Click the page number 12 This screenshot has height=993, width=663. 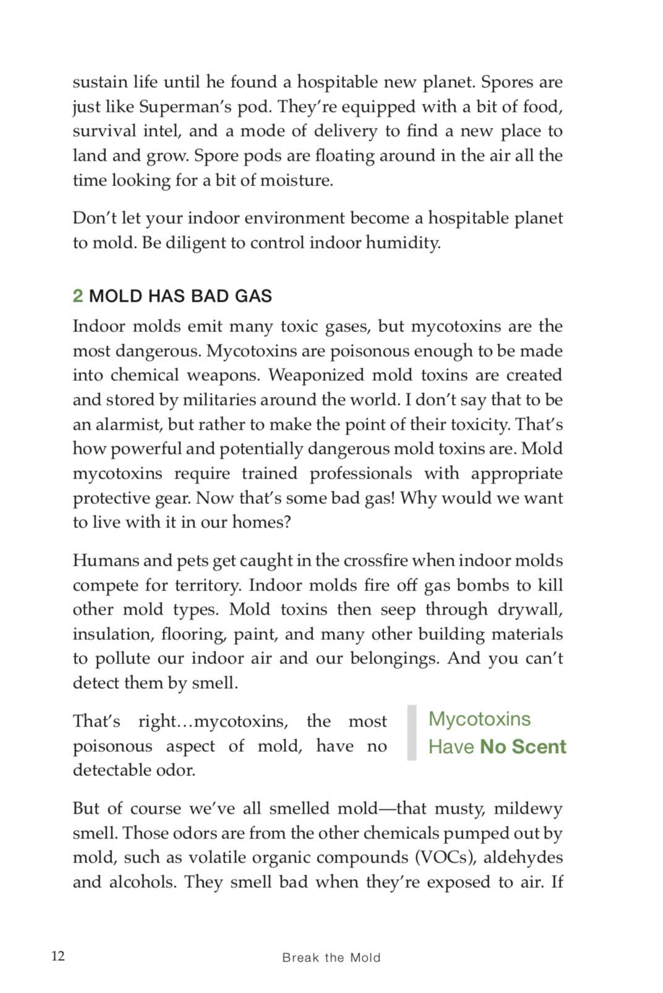58,956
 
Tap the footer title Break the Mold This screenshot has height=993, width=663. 331,958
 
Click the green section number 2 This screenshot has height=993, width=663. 77,296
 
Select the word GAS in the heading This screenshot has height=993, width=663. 253,296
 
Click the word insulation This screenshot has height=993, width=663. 111,634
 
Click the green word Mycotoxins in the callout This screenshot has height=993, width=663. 479,719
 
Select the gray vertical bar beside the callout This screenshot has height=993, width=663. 412,733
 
